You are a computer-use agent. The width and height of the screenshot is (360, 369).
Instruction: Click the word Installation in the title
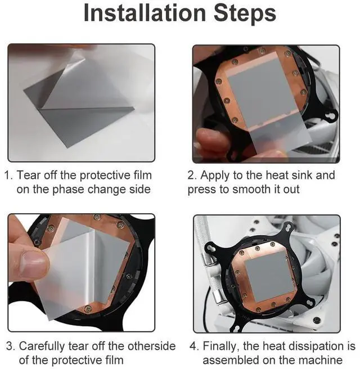pos(145,13)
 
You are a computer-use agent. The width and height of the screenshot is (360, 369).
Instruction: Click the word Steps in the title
pos(245,13)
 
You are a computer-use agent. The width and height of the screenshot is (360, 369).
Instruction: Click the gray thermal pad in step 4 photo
pos(271,276)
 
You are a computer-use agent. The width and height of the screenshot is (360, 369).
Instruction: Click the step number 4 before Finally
pos(193,346)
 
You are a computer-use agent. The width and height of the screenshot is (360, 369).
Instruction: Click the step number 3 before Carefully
pos(10,346)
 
